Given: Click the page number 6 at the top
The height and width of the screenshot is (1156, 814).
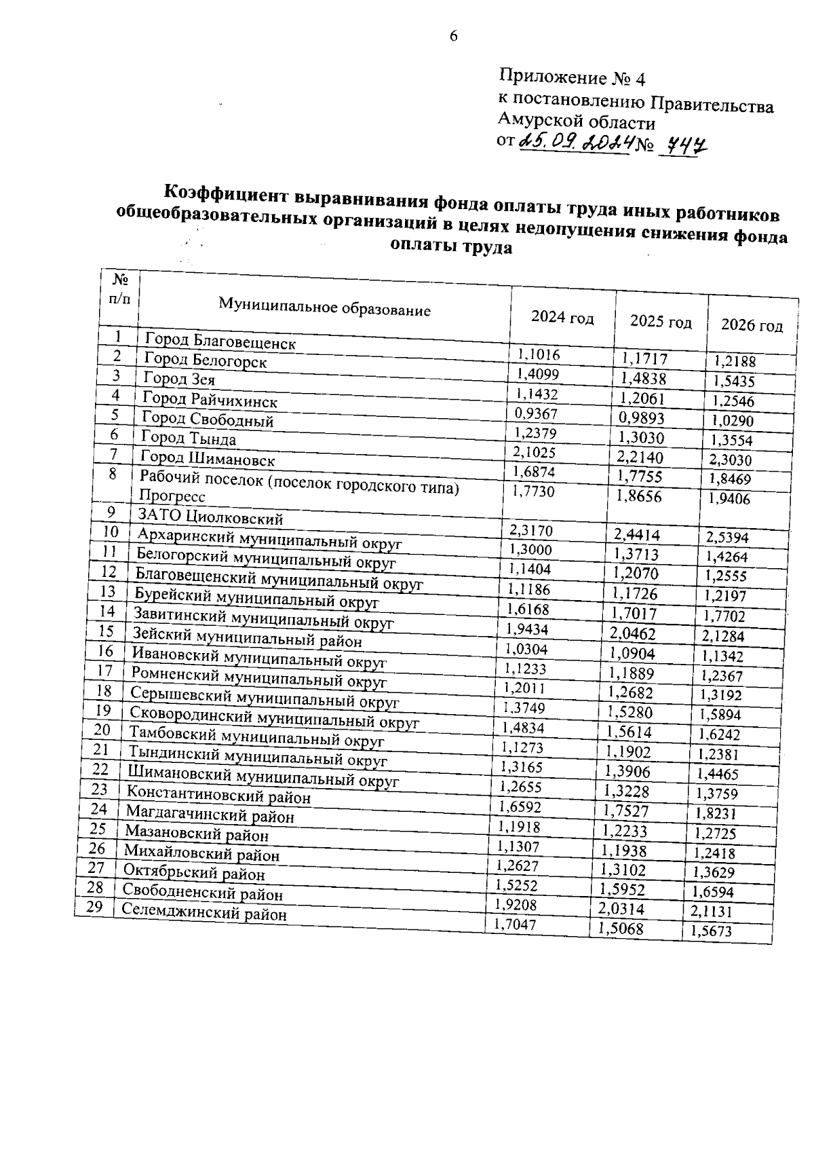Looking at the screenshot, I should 453,36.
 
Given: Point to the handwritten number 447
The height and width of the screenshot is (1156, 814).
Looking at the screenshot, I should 684,145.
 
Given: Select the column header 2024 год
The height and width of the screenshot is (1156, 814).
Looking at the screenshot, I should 562,317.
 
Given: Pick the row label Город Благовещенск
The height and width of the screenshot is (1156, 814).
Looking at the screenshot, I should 220,341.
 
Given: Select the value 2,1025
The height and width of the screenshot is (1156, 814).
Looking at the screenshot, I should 535,452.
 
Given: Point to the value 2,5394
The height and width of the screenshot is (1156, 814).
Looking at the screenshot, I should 726,538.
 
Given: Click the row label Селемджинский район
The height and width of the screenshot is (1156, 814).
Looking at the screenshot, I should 204,913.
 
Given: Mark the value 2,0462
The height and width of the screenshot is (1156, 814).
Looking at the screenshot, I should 632,634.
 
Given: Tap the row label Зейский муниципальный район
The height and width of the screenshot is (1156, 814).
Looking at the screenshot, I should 247,638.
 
